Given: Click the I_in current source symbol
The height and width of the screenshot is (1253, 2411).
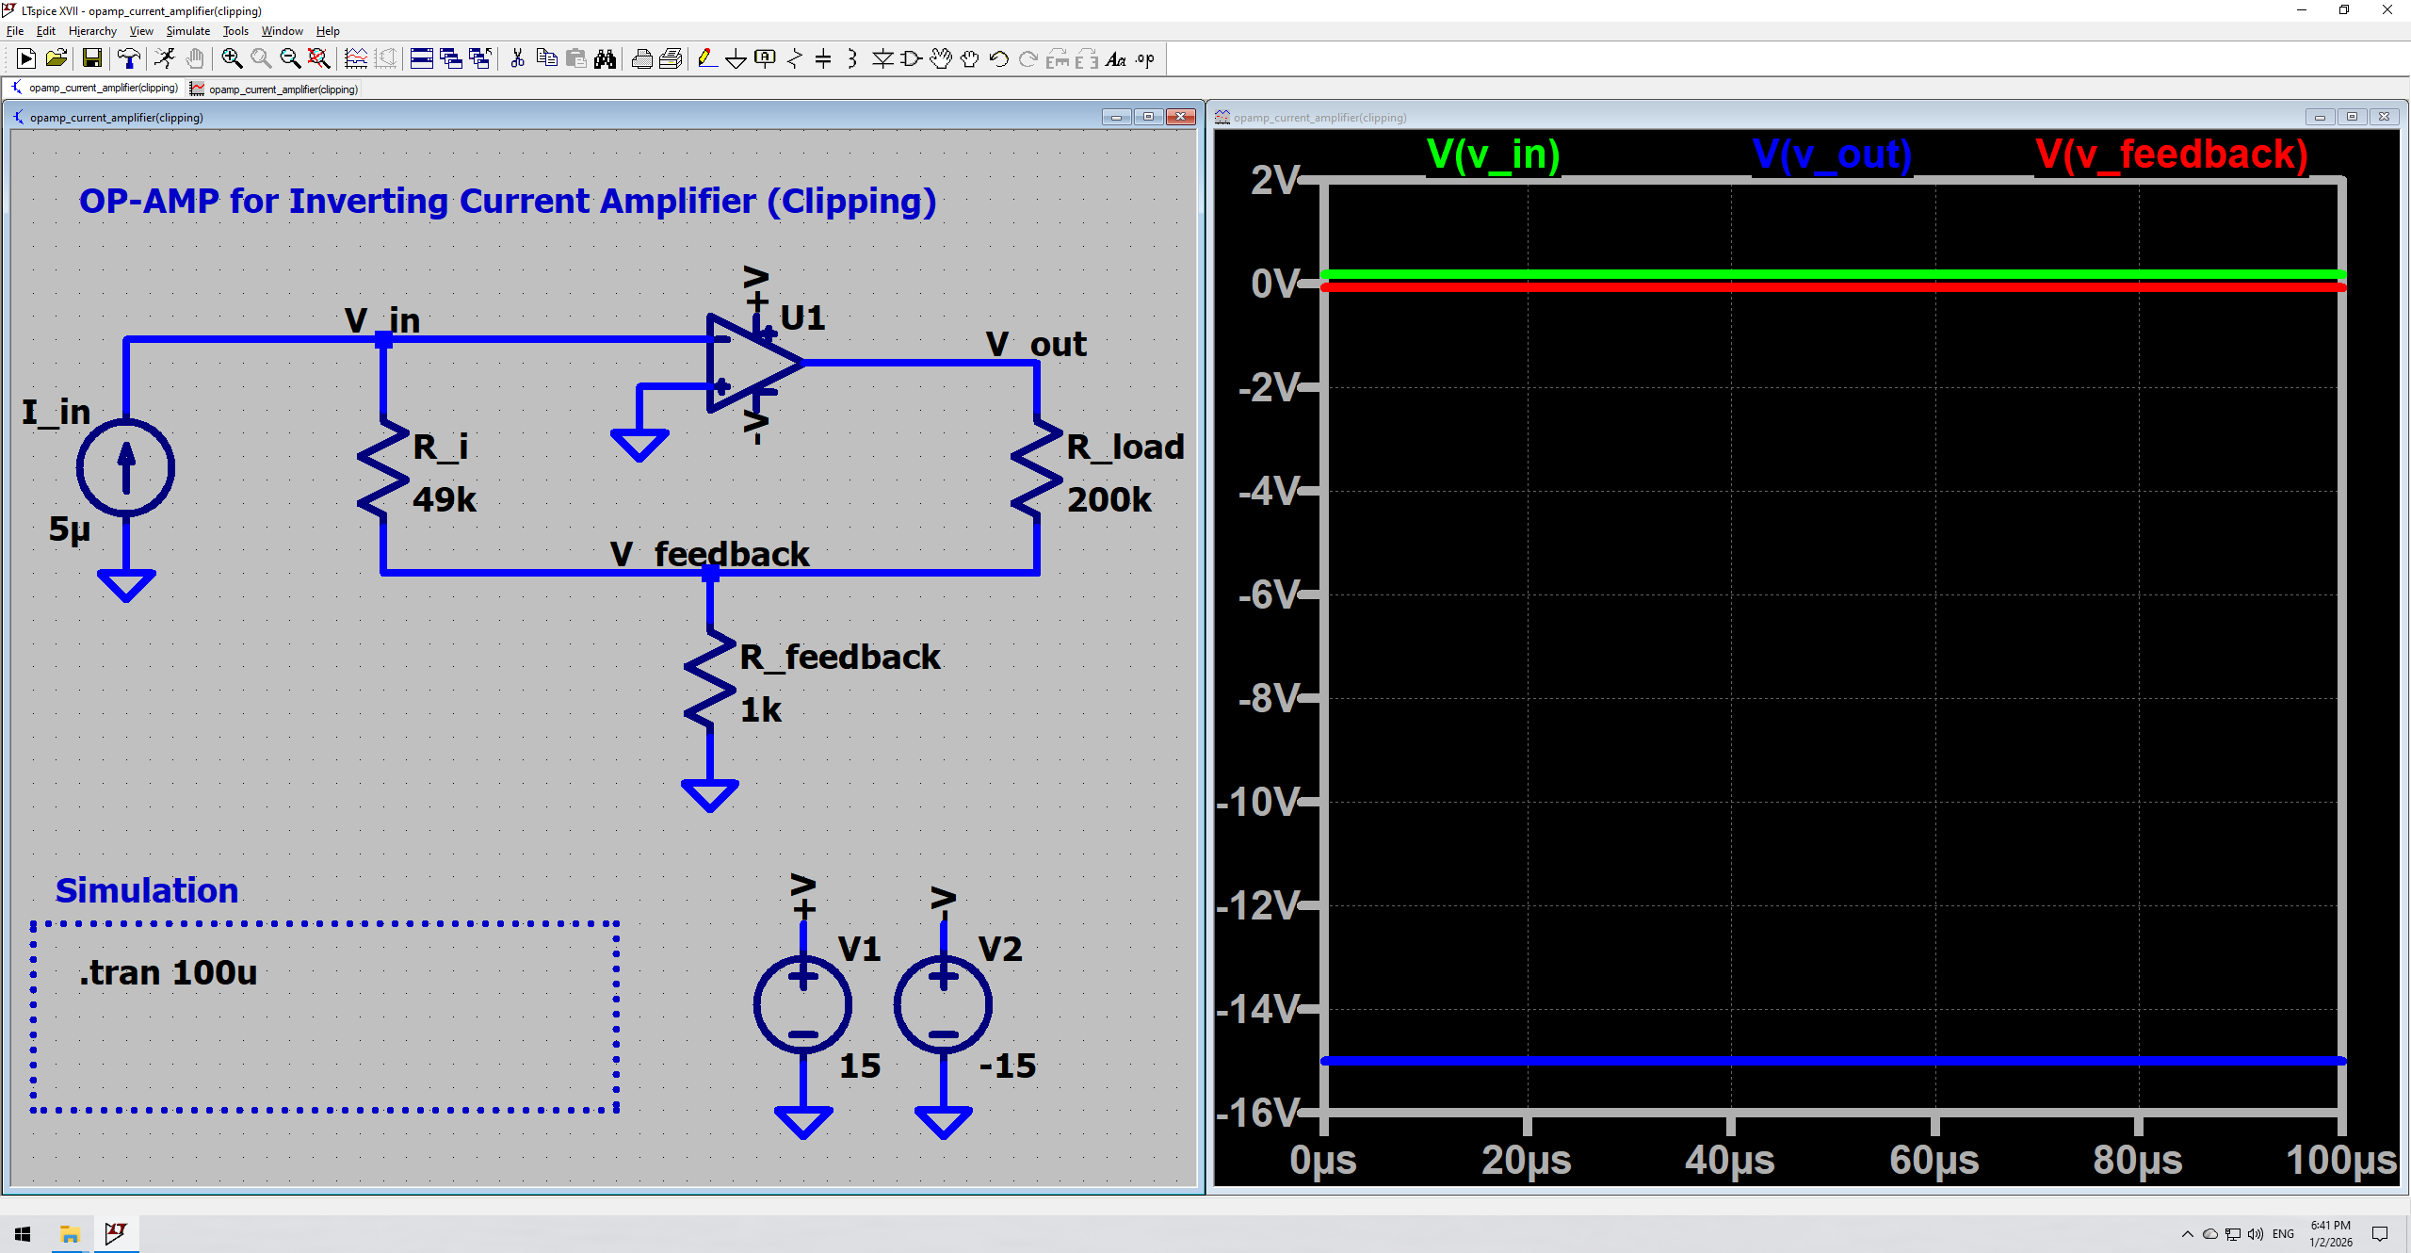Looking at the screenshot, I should coord(125,468).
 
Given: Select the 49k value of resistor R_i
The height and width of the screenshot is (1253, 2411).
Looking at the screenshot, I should coord(445,499).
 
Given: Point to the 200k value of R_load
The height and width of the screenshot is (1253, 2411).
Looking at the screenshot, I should coord(1108,499).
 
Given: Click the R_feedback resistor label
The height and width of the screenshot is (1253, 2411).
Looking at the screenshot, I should coord(839,657).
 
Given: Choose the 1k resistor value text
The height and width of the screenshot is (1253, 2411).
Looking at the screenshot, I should coord(760,709).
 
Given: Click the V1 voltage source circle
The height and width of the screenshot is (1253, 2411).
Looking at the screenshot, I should coord(802,1005).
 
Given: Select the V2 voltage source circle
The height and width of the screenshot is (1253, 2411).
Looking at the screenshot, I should coord(943,1005).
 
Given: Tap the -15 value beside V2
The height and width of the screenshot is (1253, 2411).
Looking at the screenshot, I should coord(1007,1066).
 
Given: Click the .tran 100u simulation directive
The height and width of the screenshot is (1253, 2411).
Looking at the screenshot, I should coord(168,972).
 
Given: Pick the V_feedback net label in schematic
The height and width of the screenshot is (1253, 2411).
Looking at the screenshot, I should coord(709,554).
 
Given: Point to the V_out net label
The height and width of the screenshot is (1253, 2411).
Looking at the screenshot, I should coord(1036,344).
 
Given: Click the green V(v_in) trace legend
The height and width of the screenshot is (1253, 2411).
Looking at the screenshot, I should coord(1493,155).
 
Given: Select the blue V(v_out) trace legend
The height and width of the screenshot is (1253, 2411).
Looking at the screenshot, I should coord(1832,155).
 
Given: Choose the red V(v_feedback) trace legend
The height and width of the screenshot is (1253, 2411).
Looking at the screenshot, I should coord(2171,155).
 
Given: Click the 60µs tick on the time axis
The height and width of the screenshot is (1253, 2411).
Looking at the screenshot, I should coord(1934,1160).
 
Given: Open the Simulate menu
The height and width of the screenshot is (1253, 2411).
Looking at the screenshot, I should coord(187,31).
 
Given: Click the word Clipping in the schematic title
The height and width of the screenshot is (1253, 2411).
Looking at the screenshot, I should coord(851,202).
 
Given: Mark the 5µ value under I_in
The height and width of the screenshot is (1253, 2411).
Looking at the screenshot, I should coord(70,529).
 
